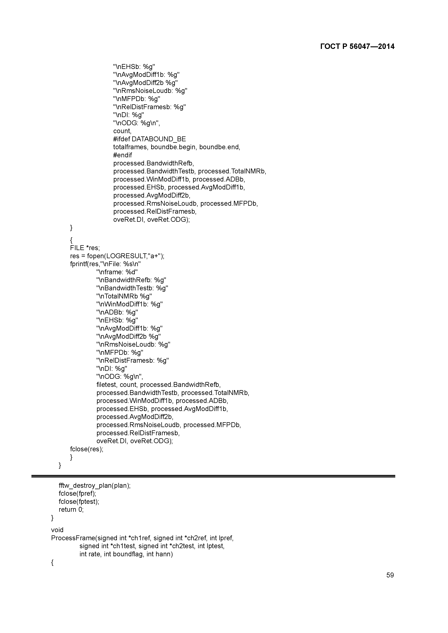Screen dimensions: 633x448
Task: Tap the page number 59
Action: tap(390, 575)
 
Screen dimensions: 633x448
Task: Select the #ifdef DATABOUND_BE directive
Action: tap(149, 139)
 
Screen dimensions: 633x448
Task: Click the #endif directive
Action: tap(122, 155)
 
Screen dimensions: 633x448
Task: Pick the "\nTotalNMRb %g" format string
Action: tap(124, 296)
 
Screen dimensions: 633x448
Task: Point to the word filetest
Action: tap(107, 385)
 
